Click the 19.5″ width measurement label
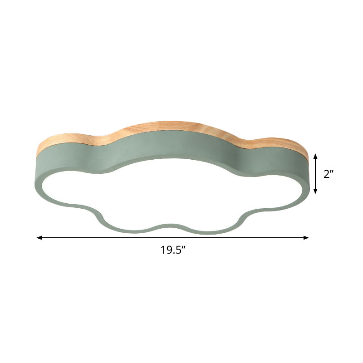coord(174,250)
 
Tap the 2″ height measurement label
coord(329,174)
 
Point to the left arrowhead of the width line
coord(39,237)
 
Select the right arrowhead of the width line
coord(306,237)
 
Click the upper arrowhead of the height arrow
coord(315,157)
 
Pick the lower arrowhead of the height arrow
coord(315,191)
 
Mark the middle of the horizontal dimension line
coord(173,237)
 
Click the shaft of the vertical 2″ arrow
coord(315,174)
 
